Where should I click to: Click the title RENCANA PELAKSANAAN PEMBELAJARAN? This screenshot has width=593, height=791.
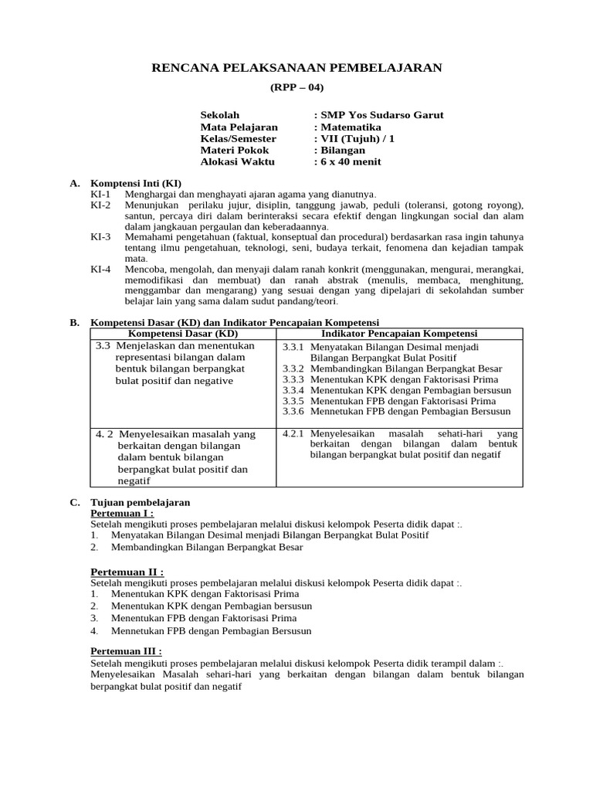[296, 68]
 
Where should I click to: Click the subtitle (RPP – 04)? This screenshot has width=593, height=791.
[296, 87]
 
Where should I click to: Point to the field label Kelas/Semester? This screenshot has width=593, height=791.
[238, 138]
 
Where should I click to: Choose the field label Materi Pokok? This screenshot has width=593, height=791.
[235, 150]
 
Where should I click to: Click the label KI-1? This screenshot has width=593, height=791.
[101, 194]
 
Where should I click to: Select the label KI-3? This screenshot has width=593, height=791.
[101, 237]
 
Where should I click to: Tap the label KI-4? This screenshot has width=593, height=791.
[101, 269]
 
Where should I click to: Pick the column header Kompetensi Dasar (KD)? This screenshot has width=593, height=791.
[183, 333]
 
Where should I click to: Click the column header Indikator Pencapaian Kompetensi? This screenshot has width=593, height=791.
[398, 333]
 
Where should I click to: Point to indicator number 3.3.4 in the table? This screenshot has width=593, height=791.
[293, 391]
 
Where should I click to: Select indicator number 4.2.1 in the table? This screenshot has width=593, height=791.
[293, 433]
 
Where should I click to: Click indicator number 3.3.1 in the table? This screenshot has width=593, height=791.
[293, 348]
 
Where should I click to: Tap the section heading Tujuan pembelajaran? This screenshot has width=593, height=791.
[141, 502]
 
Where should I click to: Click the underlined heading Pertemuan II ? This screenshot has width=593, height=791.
[127, 571]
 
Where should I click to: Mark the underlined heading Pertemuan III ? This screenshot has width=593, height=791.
[127, 651]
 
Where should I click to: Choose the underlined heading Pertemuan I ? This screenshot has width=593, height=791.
[122, 513]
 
